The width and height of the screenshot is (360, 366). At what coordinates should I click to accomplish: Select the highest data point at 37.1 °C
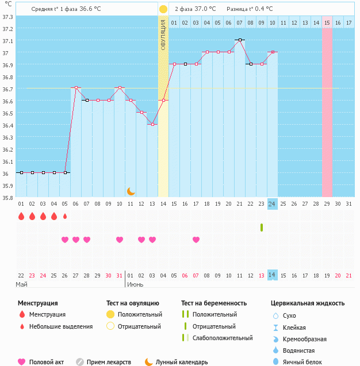coord(240,40)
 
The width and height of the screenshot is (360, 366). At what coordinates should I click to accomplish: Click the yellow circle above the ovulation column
coord(163,9)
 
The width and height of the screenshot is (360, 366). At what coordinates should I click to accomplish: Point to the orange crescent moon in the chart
coord(131,191)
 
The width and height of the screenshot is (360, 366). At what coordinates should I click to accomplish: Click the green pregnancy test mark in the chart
coord(262,228)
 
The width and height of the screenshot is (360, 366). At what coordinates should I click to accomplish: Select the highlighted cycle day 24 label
coord(273,203)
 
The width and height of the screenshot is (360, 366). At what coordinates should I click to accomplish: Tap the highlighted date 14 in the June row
coord(273,275)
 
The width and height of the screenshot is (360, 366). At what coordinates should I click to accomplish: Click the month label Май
coord(21,284)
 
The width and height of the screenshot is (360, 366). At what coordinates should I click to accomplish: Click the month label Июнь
coord(135,284)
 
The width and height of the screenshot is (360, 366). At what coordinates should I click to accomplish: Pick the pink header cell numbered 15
coord(327,22)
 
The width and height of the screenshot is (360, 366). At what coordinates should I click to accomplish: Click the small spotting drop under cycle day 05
coord(65,217)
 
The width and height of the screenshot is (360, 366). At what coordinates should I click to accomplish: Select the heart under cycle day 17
coord(196,240)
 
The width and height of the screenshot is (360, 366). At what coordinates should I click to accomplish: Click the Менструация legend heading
coord(37,303)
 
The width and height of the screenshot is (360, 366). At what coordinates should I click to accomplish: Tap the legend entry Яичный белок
coord(307,361)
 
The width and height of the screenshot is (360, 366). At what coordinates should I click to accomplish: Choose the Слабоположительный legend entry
coord(222,338)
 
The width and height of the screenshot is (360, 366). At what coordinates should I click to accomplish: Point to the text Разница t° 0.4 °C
coord(250,9)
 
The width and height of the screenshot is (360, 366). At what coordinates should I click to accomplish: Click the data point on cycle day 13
coord(152,124)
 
